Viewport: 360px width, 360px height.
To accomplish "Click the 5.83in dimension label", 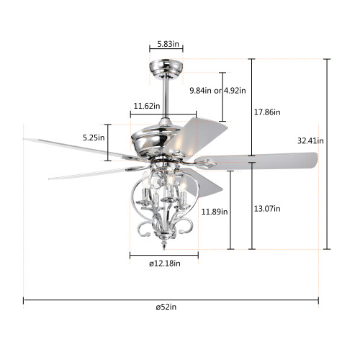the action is click(168, 44).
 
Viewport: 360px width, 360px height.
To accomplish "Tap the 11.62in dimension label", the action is click(147, 106).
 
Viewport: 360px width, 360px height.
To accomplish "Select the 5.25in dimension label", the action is click(94, 138).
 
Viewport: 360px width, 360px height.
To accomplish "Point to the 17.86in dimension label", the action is click(267, 112).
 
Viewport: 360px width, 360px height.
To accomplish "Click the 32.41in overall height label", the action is click(310, 140).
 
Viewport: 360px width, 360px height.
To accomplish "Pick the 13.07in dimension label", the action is click(267, 209).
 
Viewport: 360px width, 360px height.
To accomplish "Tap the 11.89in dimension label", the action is click(215, 212).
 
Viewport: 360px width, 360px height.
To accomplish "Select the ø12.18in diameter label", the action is click(165, 264).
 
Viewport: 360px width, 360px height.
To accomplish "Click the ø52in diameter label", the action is click(166, 307).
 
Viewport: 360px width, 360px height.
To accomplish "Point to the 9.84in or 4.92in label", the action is click(217, 91).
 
